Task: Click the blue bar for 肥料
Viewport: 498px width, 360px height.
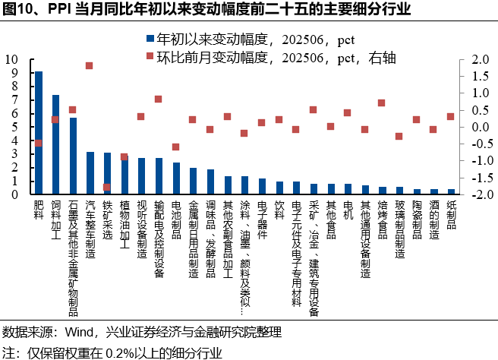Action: point(39,133)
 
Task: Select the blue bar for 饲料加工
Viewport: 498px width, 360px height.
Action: point(55,144)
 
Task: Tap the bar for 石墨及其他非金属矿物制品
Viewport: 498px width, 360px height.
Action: point(73,156)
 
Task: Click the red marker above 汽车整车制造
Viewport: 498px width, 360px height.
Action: point(90,66)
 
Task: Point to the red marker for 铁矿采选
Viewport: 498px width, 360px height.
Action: point(107,187)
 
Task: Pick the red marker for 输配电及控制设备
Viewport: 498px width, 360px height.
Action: point(158,99)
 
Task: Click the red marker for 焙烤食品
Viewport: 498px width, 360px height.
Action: point(381,103)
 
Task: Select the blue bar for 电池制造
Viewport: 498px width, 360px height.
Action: point(176,178)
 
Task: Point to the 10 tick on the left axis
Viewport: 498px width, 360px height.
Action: point(13,59)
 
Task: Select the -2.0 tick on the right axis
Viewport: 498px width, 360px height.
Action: point(478,194)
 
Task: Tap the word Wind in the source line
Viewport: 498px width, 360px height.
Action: point(73,332)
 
